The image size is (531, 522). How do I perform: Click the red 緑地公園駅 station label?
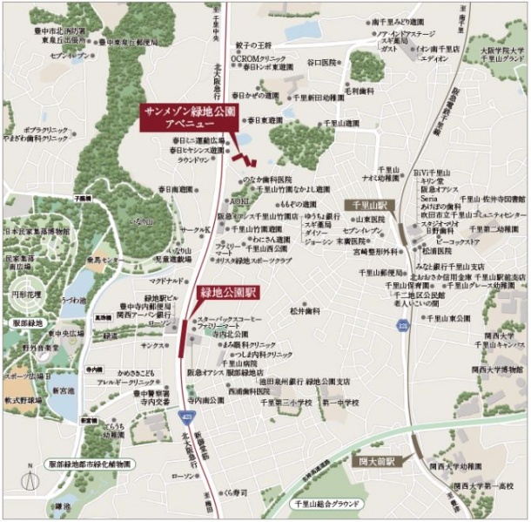tap(227, 292)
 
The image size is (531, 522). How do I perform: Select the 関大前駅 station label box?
tap(376, 461)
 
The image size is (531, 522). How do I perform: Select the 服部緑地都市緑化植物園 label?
tap(91, 465)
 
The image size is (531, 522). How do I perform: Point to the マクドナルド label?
tap(165, 281)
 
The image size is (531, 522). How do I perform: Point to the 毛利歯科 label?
tap(359, 90)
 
